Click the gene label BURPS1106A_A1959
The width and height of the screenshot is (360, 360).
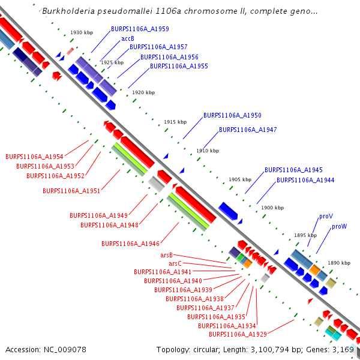pyautogui.click(x=140, y=29)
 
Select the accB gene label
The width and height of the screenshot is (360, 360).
pyautogui.click(x=128, y=38)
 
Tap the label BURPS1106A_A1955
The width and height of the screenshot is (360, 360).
pyautogui.click(x=179, y=66)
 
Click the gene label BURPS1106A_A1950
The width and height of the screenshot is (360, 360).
pyautogui.click(x=232, y=115)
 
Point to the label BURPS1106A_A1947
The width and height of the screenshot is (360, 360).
pyautogui.click(x=248, y=130)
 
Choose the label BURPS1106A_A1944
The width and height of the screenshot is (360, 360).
pyautogui.click(x=305, y=180)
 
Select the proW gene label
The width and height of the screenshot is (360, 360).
pyautogui.click(x=339, y=226)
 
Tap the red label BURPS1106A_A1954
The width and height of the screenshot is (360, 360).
pyautogui.click(x=34, y=157)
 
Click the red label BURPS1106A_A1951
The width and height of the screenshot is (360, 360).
pyautogui.click(x=71, y=191)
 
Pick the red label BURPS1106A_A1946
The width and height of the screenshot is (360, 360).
pyautogui.click(x=130, y=244)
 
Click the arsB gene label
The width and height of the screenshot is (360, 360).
pyautogui.click(x=166, y=255)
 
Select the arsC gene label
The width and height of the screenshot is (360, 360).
pyautogui.click(x=175, y=263)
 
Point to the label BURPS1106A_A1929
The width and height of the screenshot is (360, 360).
pyautogui.click(x=238, y=334)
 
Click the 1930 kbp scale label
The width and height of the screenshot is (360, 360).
pyautogui.click(x=81, y=33)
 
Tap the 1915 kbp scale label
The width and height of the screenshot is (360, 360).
pyautogui.click(x=175, y=122)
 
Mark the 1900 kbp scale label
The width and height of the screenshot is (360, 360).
pyautogui.click(x=272, y=208)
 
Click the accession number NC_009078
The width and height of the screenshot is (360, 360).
pyautogui.click(x=65, y=349)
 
